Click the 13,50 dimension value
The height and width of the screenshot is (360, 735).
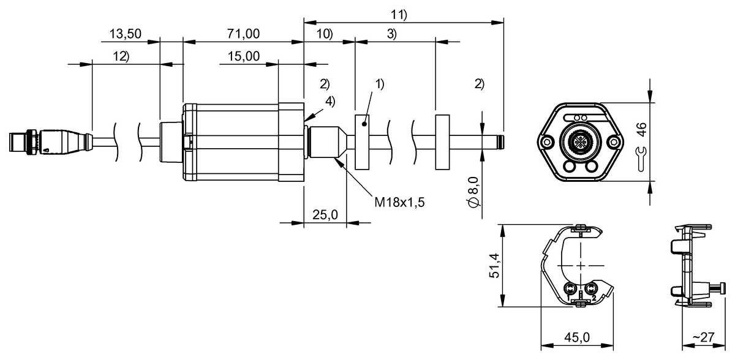click(x=126, y=34)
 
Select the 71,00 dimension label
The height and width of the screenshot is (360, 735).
click(x=243, y=34)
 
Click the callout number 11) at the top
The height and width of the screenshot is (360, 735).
click(x=399, y=13)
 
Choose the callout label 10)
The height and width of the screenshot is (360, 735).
click(x=324, y=34)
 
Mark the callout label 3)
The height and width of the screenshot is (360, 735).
click(x=391, y=34)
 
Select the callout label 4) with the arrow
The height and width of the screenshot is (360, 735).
click(x=330, y=102)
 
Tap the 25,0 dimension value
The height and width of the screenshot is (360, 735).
click(x=325, y=214)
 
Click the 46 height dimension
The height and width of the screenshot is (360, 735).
click(x=641, y=129)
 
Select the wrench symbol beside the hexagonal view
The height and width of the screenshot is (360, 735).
click(x=641, y=158)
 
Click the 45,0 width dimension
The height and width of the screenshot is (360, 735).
click(x=576, y=337)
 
